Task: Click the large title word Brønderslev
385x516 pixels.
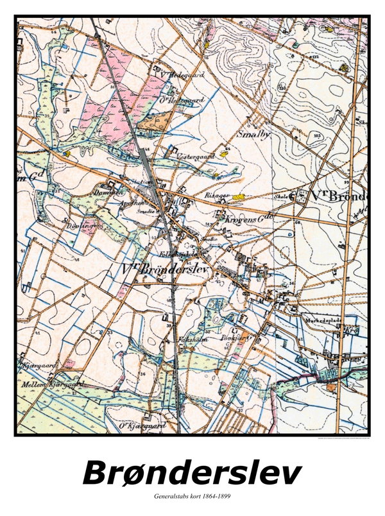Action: coord(192,472)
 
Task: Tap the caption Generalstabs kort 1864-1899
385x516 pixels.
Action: coord(192,496)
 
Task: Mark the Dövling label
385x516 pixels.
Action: coord(76,226)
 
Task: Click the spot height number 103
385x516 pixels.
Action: coord(316,135)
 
